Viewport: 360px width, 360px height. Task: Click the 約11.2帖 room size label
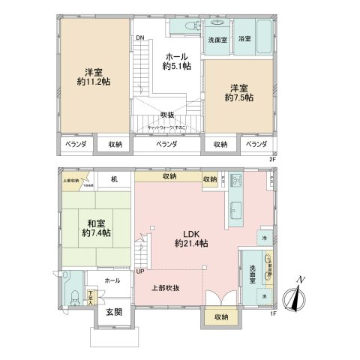pos(94,82)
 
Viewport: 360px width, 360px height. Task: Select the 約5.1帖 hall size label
pos(177,67)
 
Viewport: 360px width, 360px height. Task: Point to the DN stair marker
pos(139,38)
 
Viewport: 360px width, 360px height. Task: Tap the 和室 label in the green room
pos(95,222)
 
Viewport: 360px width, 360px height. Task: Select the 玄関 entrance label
pos(114,311)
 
